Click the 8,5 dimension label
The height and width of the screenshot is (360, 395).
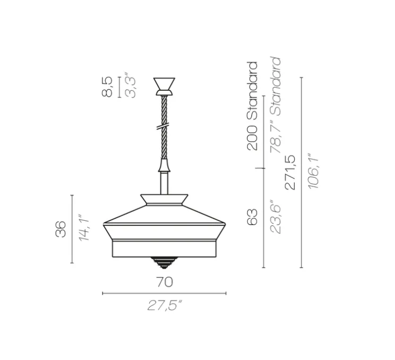pos(107,87)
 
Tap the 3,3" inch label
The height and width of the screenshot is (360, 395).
pos(130,87)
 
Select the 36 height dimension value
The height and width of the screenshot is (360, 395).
pos(62,229)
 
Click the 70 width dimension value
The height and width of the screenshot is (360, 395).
pos(164,282)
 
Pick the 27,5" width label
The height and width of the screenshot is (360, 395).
pos(164,306)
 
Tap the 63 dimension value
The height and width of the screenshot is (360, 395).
pos(253,217)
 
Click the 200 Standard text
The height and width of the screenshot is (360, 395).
pos(253,106)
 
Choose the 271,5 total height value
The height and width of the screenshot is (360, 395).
pos(290,172)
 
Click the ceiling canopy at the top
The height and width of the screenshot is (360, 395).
pos(164,84)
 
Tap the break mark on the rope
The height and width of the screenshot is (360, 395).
pos(164,127)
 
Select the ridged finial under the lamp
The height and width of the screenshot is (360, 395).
pos(164,262)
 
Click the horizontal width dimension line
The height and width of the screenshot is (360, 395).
pos(164,293)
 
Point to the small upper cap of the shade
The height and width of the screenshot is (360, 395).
pos(164,201)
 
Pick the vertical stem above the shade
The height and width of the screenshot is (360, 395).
pos(164,183)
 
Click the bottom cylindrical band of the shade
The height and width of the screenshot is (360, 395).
pos(164,249)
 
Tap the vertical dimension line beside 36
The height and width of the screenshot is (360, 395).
pos(72,229)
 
